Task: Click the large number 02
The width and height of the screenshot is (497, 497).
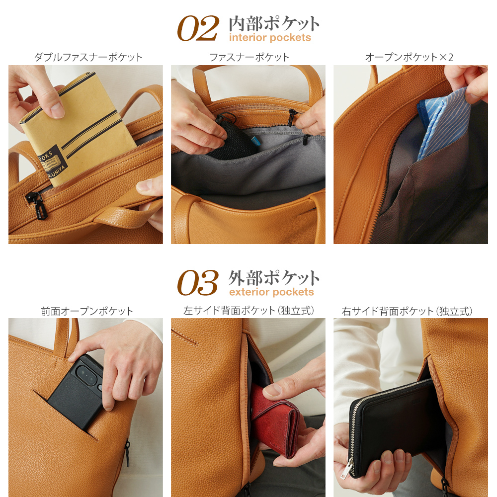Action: pos(198,29)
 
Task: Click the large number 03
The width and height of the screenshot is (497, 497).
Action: pos(198,283)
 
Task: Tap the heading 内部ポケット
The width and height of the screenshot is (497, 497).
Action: pos(274,23)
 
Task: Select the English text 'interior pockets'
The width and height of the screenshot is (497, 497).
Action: pos(270,38)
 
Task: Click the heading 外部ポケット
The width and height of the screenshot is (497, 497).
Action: pos(274,277)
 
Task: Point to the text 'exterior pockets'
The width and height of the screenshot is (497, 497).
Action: pos(271,292)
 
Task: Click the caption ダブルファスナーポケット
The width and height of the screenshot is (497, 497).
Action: pos(88,57)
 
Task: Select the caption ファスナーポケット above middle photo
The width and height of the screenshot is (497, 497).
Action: pos(249,57)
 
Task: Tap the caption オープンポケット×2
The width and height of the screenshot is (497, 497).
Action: pos(409,57)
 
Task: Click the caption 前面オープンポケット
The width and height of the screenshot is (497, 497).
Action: pos(87,311)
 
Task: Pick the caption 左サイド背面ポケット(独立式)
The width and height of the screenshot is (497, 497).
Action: pos(249,311)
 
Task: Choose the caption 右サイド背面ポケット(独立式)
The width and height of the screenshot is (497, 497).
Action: pos(407,311)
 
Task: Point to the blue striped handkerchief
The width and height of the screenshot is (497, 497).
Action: pos(442,122)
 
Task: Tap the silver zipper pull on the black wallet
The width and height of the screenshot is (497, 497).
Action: pos(347,470)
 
